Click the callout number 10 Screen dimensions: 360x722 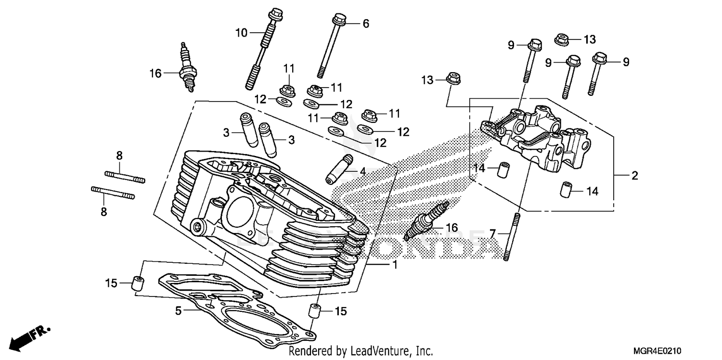(241, 33)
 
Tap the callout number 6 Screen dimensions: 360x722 (365, 23)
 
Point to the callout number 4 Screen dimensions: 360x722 (361, 171)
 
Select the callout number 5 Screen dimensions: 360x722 (178, 311)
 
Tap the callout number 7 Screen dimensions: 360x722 (492, 234)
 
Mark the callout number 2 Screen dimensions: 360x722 (634, 176)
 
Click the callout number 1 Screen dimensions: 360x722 (394, 265)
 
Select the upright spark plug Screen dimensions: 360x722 (187, 68)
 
